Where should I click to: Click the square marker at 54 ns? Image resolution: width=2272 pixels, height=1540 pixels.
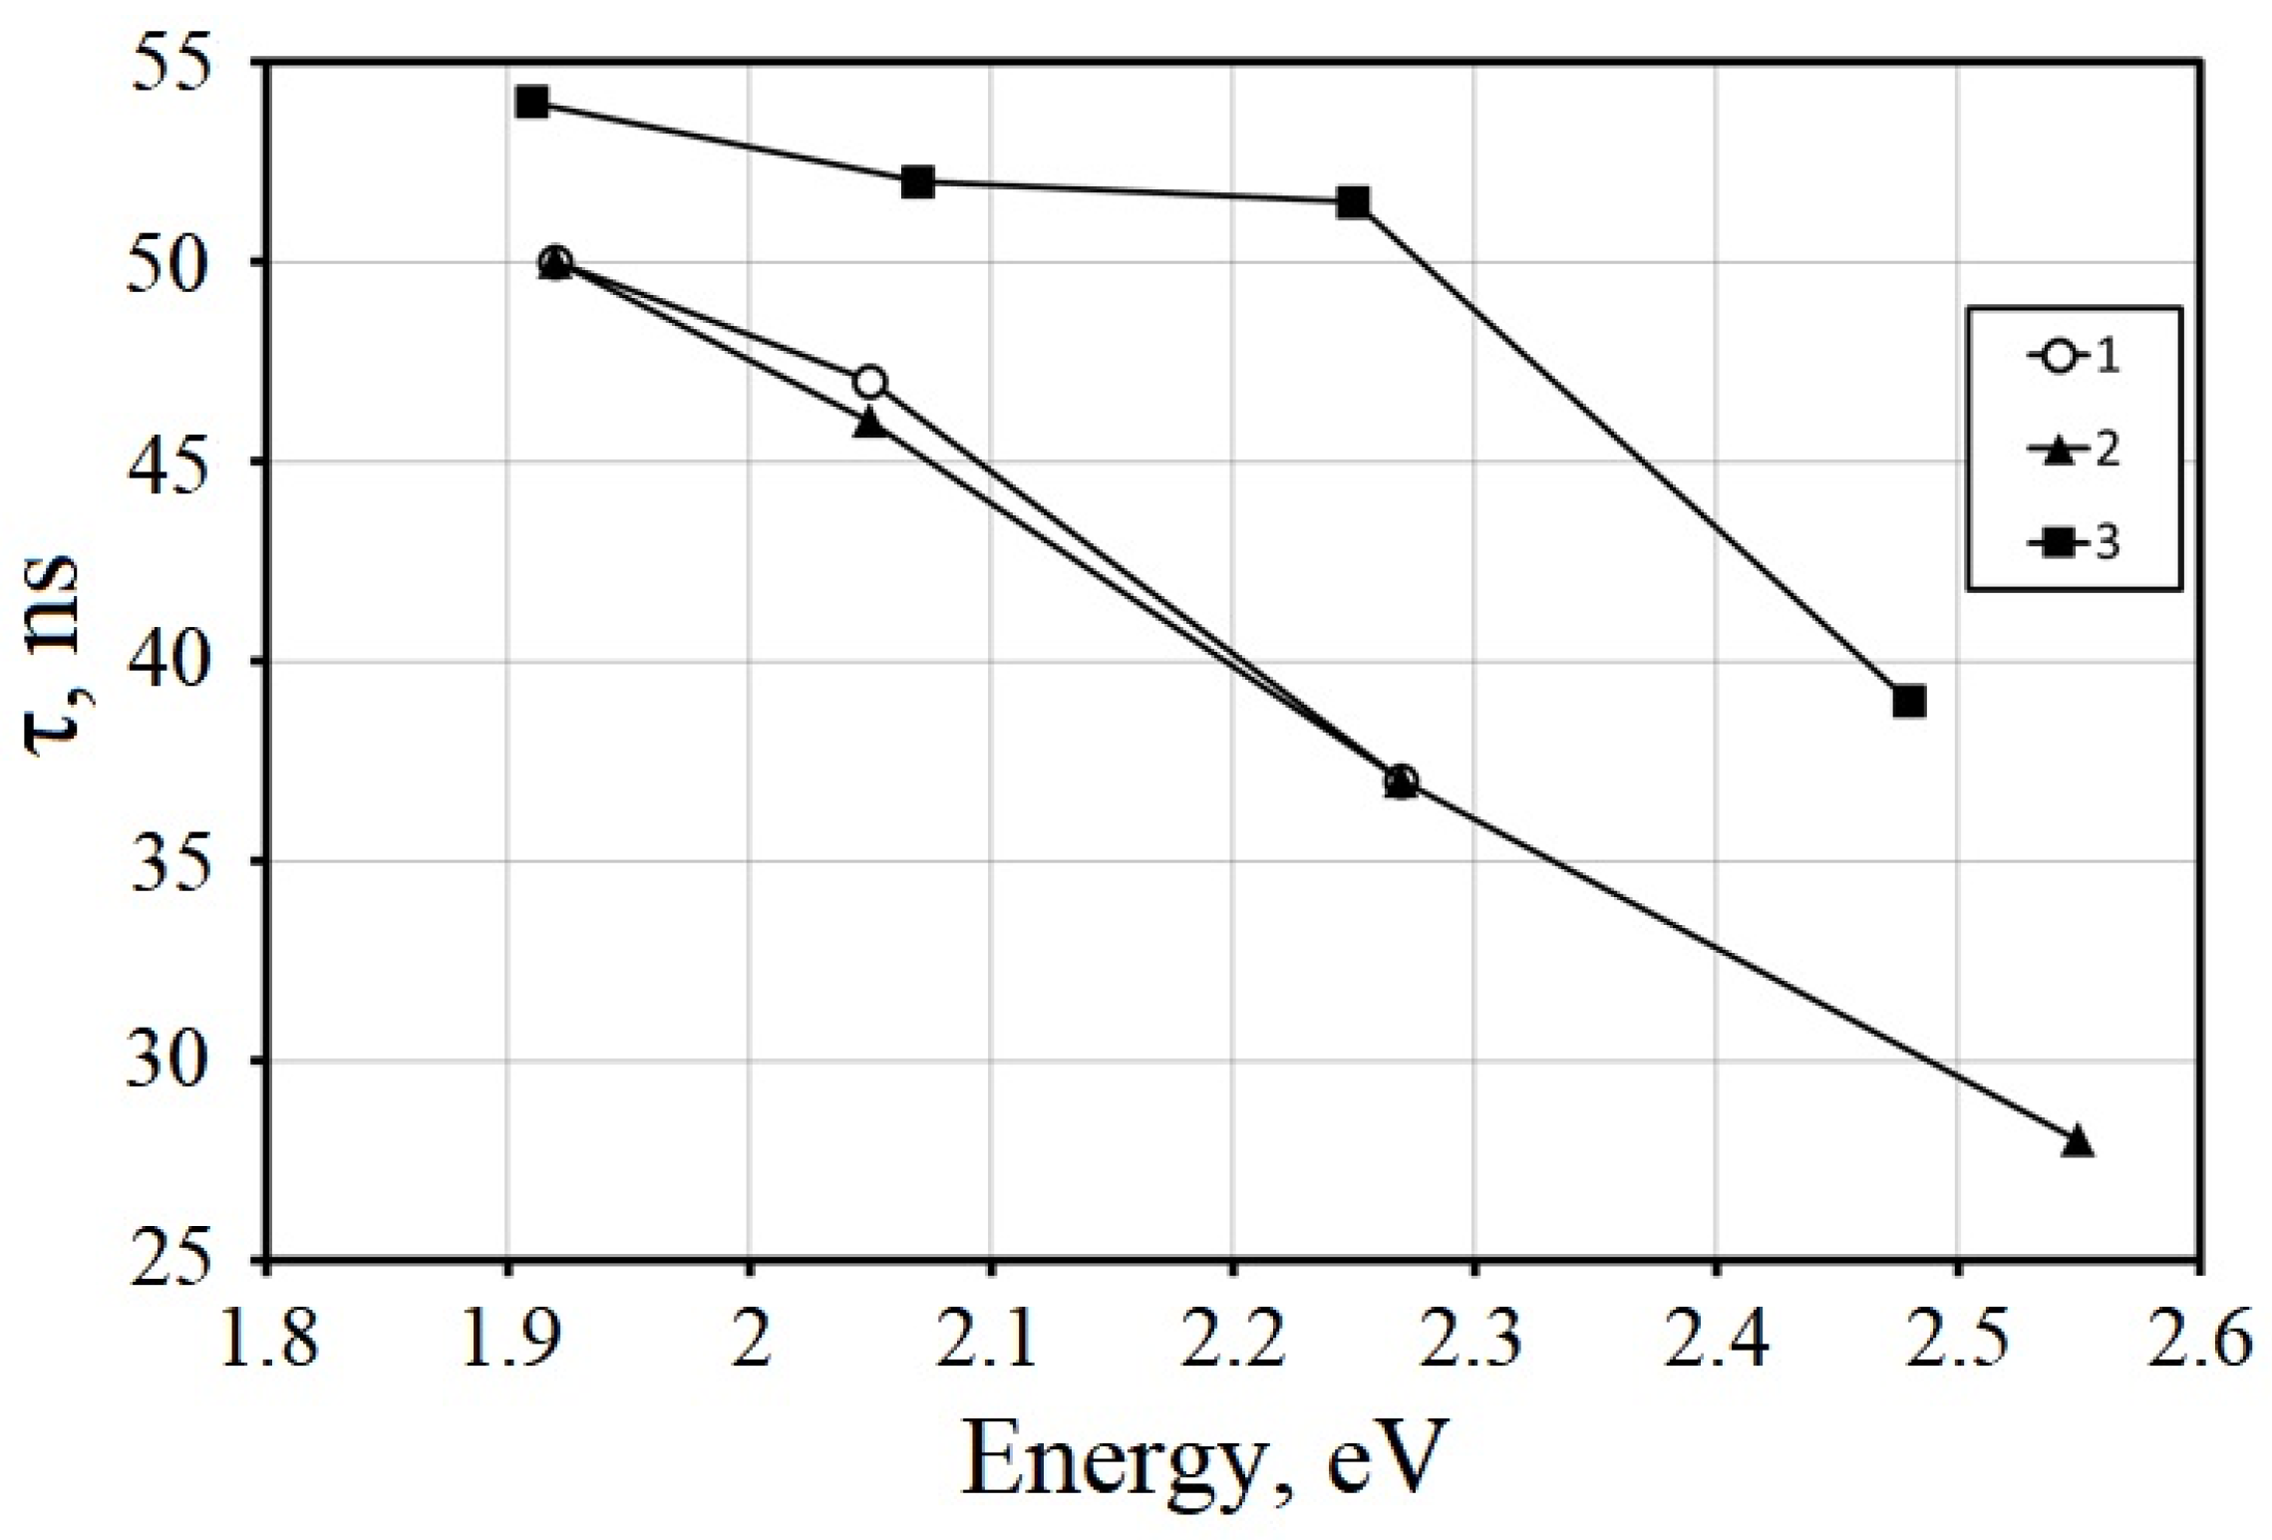(x=532, y=103)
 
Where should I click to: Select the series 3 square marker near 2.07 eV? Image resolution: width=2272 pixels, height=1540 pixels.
(x=918, y=182)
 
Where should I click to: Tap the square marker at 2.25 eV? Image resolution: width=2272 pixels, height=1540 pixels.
(x=1353, y=203)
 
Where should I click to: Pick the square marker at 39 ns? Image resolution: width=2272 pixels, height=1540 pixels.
(x=1908, y=702)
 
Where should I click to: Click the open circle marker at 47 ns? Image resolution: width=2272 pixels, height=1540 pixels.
(x=869, y=383)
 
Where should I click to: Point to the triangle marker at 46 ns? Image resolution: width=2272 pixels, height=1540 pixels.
(x=869, y=424)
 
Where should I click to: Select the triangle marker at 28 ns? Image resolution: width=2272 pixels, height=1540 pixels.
(x=2077, y=1141)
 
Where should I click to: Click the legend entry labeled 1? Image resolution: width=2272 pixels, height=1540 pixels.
(x=2074, y=357)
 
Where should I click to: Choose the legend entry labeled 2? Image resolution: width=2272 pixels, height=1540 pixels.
(x=2074, y=450)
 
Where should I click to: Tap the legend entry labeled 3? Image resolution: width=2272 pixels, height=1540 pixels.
(x=2074, y=543)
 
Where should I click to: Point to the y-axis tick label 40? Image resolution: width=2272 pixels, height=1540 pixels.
(x=170, y=662)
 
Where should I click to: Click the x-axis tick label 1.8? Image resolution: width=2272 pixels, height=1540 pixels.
(x=267, y=1341)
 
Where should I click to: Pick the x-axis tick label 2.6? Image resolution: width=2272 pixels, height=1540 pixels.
(x=2200, y=1341)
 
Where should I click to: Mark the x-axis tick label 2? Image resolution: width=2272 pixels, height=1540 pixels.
(x=749, y=1341)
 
